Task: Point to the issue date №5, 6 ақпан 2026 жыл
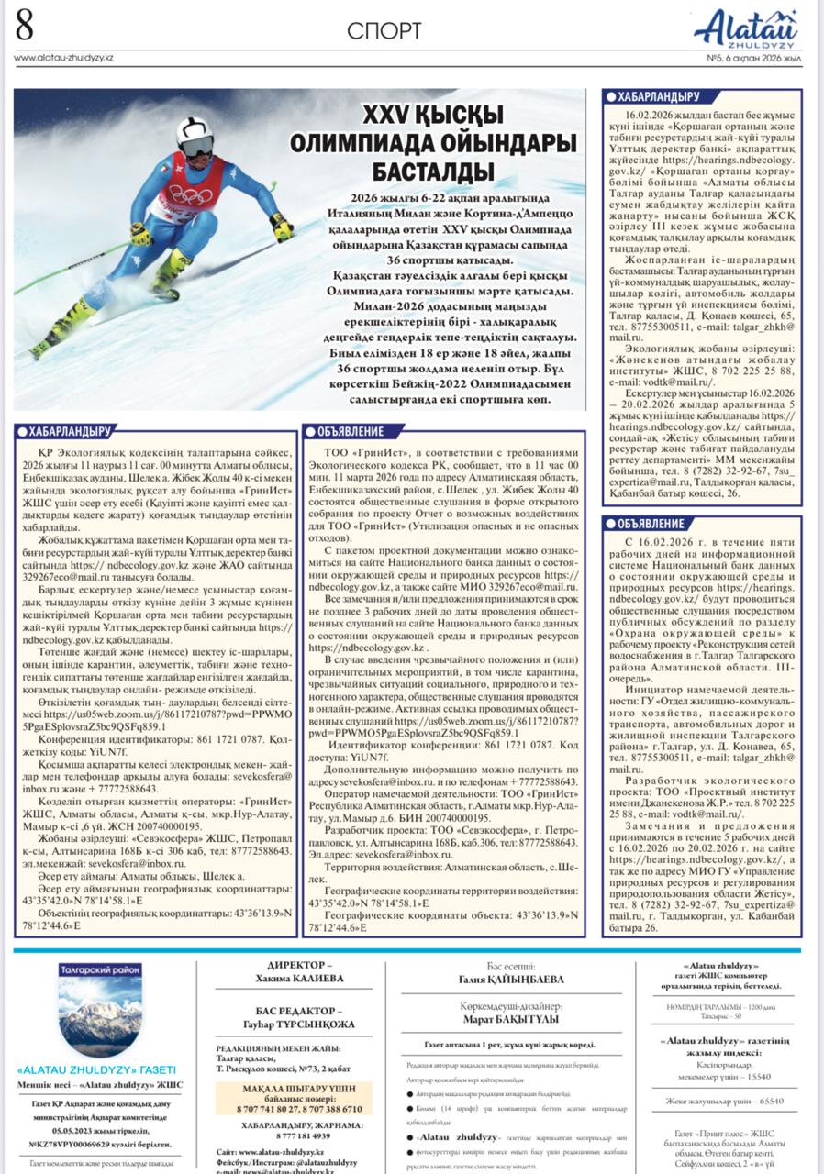click(753, 57)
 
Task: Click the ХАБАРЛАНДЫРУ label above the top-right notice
click(652, 96)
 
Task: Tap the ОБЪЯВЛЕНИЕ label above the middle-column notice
click(351, 431)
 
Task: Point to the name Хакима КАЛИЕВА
click(299, 979)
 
